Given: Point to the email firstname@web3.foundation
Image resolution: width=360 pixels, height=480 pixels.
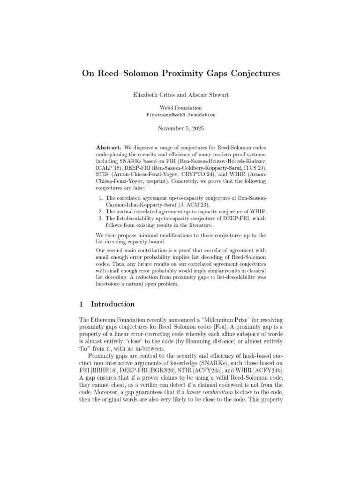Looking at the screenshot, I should point(180,114).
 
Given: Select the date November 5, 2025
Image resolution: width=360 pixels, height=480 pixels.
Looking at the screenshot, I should point(180,127).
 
